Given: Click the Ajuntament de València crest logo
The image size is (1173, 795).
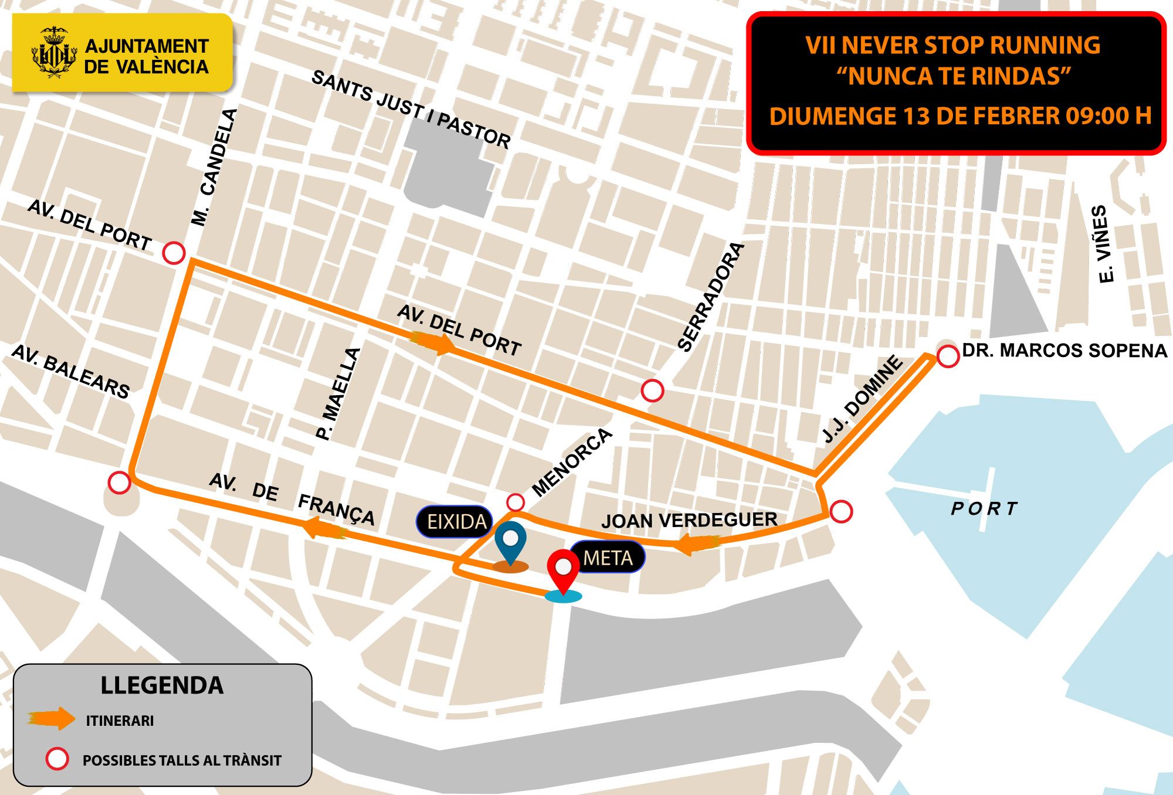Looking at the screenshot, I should coord(54,52).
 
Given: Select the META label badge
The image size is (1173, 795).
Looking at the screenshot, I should coord(608,558).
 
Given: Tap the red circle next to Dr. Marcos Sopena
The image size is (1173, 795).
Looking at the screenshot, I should coord(948,356).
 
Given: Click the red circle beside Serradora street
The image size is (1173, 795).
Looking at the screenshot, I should coord(652,390).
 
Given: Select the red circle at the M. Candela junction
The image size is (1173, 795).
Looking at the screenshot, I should coord(174,253).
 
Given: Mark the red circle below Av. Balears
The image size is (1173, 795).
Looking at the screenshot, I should coord(120,483).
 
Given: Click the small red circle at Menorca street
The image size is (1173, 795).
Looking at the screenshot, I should coord(515,502).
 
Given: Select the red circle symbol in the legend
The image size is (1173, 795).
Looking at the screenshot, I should coord(57,759).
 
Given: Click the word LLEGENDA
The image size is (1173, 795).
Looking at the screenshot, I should coord(162,685).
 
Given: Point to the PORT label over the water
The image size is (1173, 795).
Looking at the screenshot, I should coord(984,508).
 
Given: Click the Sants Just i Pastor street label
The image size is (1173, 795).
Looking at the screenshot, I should coord(411,109).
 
